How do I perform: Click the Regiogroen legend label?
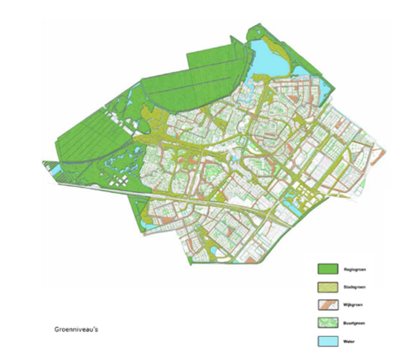(355, 267)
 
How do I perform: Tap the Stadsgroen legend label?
(355, 285)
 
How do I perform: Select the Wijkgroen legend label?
(354, 303)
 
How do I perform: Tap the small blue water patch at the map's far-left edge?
(53, 171)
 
